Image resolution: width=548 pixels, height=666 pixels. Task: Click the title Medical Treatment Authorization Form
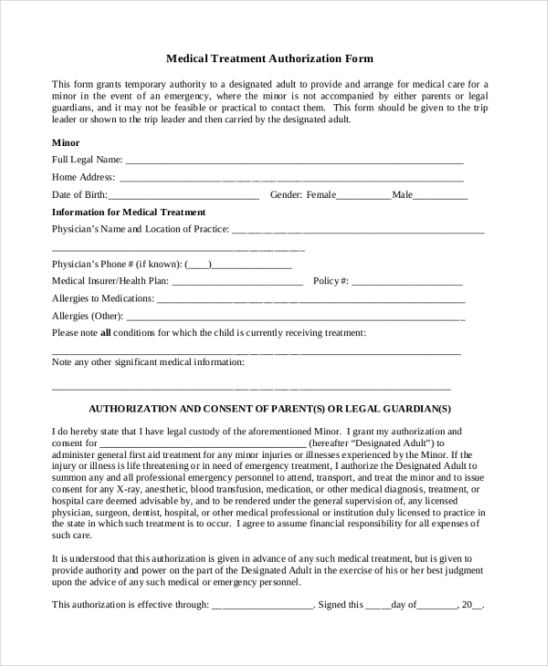click(269, 58)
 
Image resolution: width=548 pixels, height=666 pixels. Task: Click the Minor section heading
click(66, 142)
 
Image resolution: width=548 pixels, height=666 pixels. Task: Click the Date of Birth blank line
click(184, 196)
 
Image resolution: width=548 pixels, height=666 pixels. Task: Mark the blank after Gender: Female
click(364, 196)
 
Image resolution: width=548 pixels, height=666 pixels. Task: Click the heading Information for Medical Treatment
click(129, 212)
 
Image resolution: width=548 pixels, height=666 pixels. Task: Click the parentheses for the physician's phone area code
click(198, 265)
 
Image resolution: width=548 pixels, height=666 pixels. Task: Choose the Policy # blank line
click(407, 282)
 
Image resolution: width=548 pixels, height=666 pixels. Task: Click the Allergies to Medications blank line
click(311, 299)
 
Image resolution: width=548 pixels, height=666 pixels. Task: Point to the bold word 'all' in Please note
click(105, 333)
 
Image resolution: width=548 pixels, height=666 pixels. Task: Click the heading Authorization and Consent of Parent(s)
click(269, 409)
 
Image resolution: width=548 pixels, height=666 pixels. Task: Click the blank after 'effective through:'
click(263, 605)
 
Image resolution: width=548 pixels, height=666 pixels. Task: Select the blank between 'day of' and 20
click(438, 605)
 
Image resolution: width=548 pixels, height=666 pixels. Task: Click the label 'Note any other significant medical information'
click(148, 362)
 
